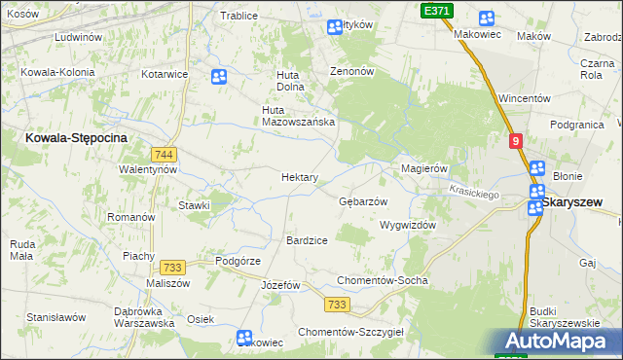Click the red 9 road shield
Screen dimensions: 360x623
coord(516,141)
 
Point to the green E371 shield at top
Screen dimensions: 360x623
coord(436,10)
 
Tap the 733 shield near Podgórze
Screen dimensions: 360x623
coord(173,268)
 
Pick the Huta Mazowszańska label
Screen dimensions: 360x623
coord(299,116)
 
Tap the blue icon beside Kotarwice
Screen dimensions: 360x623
coord(219,75)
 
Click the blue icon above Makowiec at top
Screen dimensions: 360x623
coord(486,18)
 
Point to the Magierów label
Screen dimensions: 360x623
coord(424,168)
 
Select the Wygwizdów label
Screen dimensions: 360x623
coord(407,225)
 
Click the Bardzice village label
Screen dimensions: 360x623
coord(307,239)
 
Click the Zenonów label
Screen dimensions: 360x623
coord(351,72)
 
